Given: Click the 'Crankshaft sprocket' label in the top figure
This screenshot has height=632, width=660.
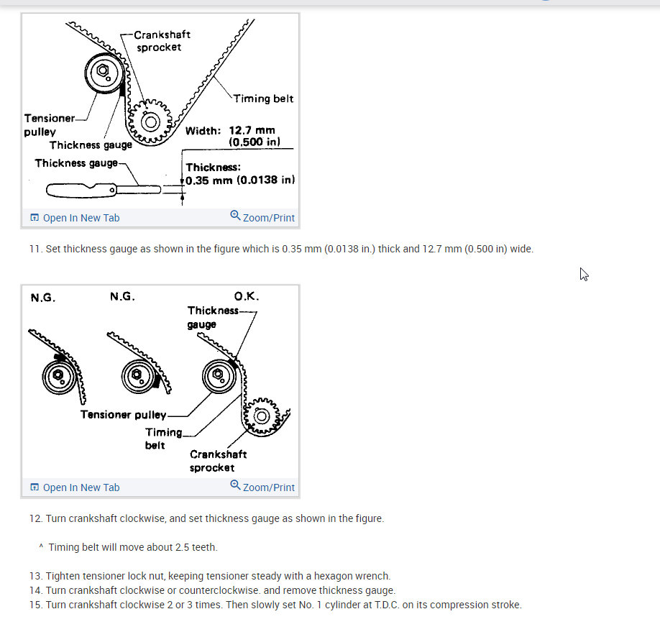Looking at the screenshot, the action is click(x=162, y=41).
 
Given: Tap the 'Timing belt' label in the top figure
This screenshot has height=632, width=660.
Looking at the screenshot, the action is click(x=263, y=99).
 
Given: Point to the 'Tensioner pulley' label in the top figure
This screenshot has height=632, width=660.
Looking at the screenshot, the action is click(x=49, y=125).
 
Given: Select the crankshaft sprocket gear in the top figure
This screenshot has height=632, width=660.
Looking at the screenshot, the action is click(x=150, y=122).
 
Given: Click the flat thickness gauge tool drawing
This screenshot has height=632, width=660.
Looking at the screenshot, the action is click(x=104, y=191).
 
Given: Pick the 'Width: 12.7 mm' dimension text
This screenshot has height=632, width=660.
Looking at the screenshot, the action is click(x=230, y=131).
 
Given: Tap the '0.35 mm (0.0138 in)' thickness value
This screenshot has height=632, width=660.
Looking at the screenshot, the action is click(x=240, y=180).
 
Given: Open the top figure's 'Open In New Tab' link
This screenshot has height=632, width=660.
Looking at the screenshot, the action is click(x=75, y=218).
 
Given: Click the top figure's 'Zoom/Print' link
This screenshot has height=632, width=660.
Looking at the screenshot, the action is click(x=262, y=217).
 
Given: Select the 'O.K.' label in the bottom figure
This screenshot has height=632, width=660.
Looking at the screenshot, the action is click(x=247, y=296).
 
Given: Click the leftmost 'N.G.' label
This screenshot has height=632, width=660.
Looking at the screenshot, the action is click(x=43, y=298).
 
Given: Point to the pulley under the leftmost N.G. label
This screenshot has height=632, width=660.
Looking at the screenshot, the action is click(x=60, y=376).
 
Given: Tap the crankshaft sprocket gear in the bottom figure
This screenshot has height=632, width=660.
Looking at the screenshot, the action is click(x=262, y=416).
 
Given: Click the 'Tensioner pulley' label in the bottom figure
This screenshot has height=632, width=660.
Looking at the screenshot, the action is click(x=124, y=415).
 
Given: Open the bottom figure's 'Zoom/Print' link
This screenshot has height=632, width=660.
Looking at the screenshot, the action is click(x=262, y=486).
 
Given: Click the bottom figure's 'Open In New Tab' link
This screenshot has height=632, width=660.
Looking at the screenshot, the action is click(x=75, y=487).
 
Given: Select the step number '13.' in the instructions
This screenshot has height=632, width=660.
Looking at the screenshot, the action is click(x=36, y=576).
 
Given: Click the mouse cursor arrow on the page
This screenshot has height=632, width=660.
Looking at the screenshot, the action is click(x=584, y=274).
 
